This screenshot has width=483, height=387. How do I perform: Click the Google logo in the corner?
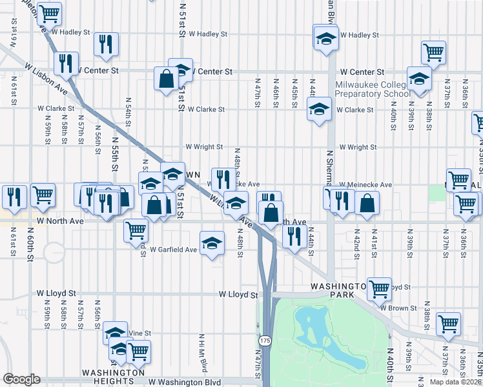point(21,379)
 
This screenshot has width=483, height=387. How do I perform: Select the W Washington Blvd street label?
point(185,382)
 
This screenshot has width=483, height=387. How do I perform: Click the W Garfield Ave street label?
point(173,250)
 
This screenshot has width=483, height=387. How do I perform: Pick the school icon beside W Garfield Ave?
point(212,243)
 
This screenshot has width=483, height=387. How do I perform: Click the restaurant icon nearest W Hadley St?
point(105,43)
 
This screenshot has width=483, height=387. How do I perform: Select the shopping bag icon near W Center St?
point(166,79)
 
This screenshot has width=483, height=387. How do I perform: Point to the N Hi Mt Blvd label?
point(203,352)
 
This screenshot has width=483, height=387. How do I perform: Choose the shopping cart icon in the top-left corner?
point(49,12)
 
